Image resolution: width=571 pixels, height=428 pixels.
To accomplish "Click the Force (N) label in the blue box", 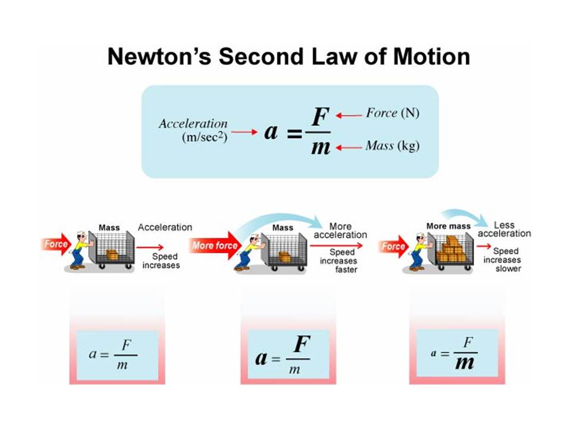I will (392, 113).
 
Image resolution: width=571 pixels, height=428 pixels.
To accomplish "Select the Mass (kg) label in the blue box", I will (392, 146).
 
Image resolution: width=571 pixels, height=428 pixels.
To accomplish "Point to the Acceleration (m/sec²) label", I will (193, 130).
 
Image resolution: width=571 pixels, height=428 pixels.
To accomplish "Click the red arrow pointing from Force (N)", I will (349, 115).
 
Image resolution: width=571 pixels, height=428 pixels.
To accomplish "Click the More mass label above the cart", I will (448, 226).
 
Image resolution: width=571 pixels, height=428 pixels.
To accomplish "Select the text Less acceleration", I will (504, 229).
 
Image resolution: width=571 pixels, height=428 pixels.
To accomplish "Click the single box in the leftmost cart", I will (112, 254).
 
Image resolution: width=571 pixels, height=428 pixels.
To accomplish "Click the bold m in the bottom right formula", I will (465, 362).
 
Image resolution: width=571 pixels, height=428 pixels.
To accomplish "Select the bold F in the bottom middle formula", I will (302, 345).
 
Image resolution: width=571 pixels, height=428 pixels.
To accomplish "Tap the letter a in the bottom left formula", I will (93, 354).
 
